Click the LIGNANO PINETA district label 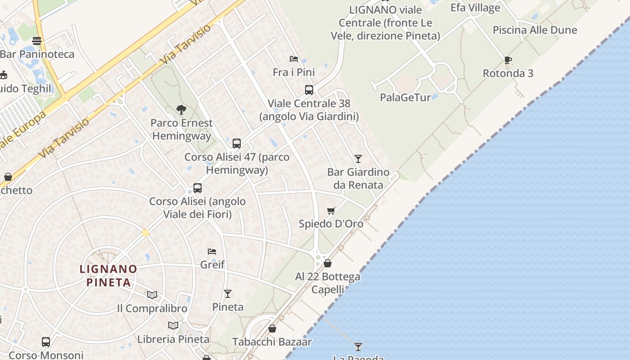coord(108,275)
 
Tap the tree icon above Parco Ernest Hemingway coord(181,109)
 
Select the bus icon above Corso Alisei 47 coord(237,144)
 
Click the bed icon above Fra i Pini coord(294,59)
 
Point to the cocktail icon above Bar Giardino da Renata coord(358,158)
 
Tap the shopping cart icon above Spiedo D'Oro coord(331,211)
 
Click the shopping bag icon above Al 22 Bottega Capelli coord(328,263)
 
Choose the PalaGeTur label coord(405,97)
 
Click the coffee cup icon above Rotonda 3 coord(508,60)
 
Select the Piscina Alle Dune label coord(535,30)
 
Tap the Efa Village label coord(475,8)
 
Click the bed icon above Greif coord(212,251)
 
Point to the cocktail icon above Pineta coord(228,294)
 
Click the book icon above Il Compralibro coord(152,295)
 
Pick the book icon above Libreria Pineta coord(173,325)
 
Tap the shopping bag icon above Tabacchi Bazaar coord(272,329)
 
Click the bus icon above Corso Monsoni coord(46,342)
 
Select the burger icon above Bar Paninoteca coord(37,41)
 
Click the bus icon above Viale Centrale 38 coord(309,90)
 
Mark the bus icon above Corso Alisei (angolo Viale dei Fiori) coord(198,188)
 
